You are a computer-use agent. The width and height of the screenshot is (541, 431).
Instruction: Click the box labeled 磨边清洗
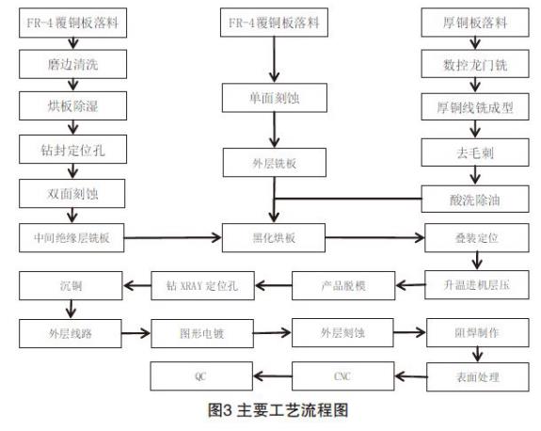click(x=72, y=64)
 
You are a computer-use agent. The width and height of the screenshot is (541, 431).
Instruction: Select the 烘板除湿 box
click(x=72, y=105)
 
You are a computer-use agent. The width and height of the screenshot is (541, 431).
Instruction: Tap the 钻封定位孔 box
click(x=72, y=149)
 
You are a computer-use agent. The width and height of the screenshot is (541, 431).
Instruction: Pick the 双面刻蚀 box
click(x=72, y=193)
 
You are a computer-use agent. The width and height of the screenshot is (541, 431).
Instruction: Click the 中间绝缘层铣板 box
click(x=72, y=238)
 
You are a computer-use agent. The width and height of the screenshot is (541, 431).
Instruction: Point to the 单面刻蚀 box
click(x=275, y=98)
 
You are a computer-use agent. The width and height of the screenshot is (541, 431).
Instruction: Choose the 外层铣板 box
click(x=275, y=163)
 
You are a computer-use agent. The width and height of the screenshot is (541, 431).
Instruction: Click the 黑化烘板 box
click(x=274, y=238)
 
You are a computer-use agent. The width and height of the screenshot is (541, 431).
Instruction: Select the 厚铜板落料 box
click(x=475, y=23)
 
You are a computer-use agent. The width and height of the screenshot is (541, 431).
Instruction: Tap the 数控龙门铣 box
click(x=475, y=64)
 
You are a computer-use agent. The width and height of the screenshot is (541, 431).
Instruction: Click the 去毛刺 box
click(x=475, y=152)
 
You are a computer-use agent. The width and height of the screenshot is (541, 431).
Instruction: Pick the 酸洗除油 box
click(x=475, y=200)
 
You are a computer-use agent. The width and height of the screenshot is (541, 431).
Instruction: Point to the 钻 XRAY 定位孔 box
click(x=202, y=285)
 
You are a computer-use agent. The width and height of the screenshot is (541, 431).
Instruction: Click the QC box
click(x=201, y=376)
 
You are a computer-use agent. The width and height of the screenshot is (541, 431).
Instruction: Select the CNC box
click(x=343, y=376)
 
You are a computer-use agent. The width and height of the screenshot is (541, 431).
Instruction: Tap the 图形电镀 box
click(x=202, y=333)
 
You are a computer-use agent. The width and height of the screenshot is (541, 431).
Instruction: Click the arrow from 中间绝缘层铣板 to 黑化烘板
click(x=172, y=237)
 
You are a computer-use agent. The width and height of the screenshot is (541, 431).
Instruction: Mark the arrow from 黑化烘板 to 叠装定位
click(x=375, y=237)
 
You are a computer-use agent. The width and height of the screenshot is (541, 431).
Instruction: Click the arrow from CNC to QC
click(x=273, y=375)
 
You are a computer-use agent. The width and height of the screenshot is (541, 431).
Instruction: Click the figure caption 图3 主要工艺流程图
click(x=278, y=410)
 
